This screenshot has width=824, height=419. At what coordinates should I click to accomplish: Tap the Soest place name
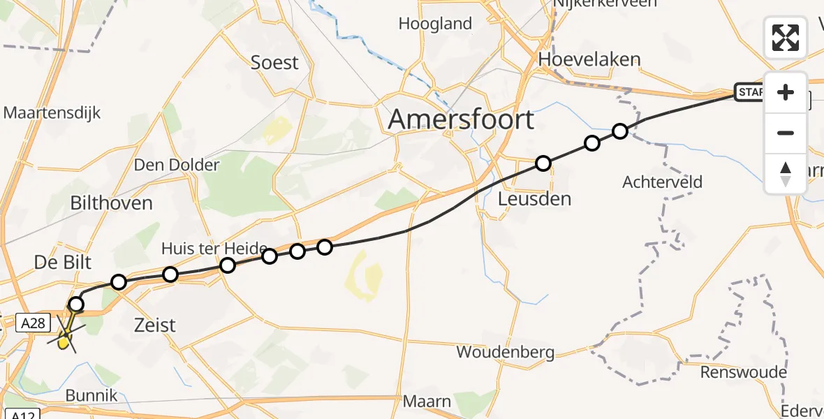click(x=274, y=63)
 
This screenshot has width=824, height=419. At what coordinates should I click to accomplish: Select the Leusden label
click(x=534, y=199)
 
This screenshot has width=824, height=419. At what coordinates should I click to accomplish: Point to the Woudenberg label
click(x=506, y=352)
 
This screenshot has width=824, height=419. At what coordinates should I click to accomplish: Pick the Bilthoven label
click(x=112, y=203)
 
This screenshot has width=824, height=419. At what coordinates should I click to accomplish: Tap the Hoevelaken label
click(x=589, y=59)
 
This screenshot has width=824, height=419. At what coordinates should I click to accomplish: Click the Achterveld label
click(x=662, y=182)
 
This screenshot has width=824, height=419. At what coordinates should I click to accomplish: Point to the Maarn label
click(x=428, y=402)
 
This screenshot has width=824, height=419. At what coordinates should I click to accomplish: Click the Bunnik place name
click(x=91, y=396)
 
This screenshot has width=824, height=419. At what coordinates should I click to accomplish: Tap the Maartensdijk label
click(x=52, y=112)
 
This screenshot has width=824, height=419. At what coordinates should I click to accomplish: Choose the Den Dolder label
click(x=177, y=166)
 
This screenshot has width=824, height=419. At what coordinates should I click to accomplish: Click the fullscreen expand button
click(x=786, y=38)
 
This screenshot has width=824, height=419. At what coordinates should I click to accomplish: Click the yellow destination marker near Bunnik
click(x=64, y=341)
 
